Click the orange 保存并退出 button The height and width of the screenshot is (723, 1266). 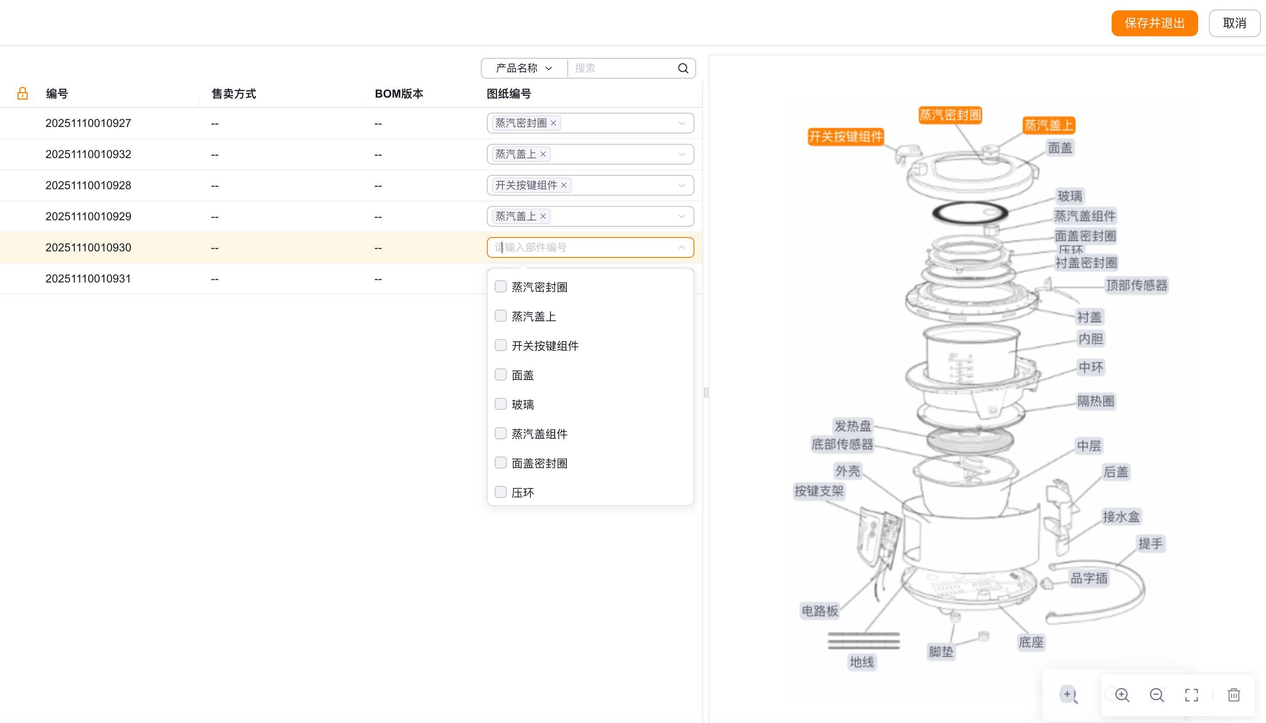pyautogui.click(x=1154, y=23)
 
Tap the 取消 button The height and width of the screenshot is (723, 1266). pyautogui.click(x=1234, y=23)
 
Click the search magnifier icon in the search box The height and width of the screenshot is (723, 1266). pyautogui.click(x=683, y=69)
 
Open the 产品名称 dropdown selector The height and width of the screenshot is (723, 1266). pyautogui.click(x=524, y=69)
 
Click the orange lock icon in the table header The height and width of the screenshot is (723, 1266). pyautogui.click(x=22, y=93)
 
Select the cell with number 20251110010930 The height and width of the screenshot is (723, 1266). pyautogui.click(x=89, y=247)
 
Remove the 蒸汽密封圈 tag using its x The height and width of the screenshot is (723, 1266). pyautogui.click(x=553, y=123)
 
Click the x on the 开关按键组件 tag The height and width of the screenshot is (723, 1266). pyautogui.click(x=564, y=185)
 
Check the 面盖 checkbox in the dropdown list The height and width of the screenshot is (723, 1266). pyautogui.click(x=501, y=374)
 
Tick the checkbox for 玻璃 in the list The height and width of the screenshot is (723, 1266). pyautogui.click(x=501, y=404)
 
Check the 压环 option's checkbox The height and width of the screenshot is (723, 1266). pyautogui.click(x=501, y=492)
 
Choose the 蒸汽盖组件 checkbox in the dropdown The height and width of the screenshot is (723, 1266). pyautogui.click(x=501, y=433)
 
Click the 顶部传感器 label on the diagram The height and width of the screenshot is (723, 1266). pyautogui.click(x=1136, y=285)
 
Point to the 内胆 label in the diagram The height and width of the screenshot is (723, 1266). pyautogui.click(x=1090, y=339)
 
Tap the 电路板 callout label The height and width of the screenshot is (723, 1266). pyautogui.click(x=820, y=611)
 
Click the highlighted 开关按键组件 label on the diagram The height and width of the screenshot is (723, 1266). pyautogui.click(x=845, y=136)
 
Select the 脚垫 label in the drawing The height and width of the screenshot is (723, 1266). pyautogui.click(x=940, y=651)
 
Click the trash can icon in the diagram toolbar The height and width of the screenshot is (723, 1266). pyautogui.click(x=1234, y=694)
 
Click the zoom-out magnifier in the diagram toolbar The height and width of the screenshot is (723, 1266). pyautogui.click(x=1157, y=694)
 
